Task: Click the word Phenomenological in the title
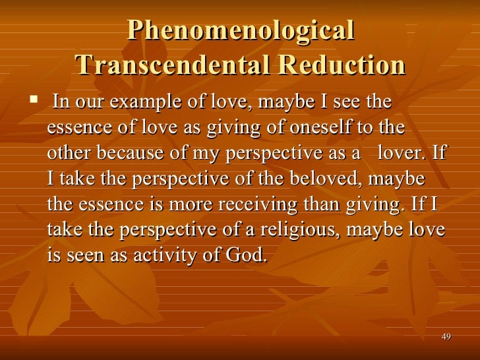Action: coord(241,31)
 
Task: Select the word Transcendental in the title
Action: coord(172,65)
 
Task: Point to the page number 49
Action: coord(446,337)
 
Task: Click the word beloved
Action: coord(321,179)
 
